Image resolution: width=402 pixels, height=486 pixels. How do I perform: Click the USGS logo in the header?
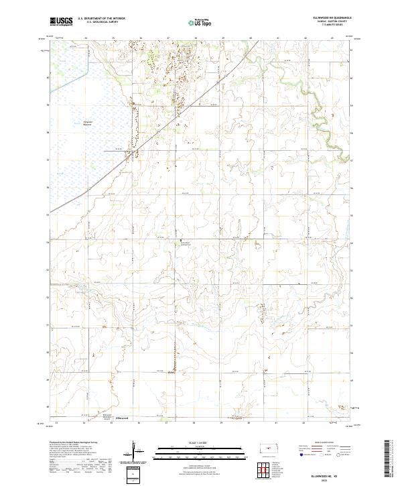click(62, 21)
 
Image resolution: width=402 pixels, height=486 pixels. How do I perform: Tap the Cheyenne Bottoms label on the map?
click(88, 123)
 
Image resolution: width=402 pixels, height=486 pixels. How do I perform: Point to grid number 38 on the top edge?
click(194, 38)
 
